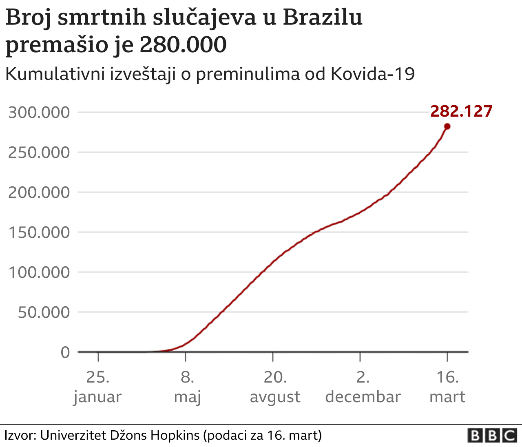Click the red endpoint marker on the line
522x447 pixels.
point(447,126)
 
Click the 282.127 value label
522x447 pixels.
point(461,111)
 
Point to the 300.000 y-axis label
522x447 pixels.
point(39,112)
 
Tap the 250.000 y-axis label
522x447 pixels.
point(39,153)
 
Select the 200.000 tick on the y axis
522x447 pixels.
point(39,192)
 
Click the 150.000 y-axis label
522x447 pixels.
point(39,232)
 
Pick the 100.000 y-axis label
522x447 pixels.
point(39,272)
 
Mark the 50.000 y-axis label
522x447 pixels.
point(44,312)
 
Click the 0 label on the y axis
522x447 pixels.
point(65,352)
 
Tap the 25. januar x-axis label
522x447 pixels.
point(97,387)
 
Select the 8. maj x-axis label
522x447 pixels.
point(187,387)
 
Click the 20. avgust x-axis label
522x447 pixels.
point(275,387)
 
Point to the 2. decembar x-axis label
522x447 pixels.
point(363,387)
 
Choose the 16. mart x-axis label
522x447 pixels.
point(447,387)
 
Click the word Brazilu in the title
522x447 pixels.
point(322,18)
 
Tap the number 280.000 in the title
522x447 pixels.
point(183,45)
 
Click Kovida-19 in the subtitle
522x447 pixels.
point(372,74)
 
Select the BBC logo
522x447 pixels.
point(492,436)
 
